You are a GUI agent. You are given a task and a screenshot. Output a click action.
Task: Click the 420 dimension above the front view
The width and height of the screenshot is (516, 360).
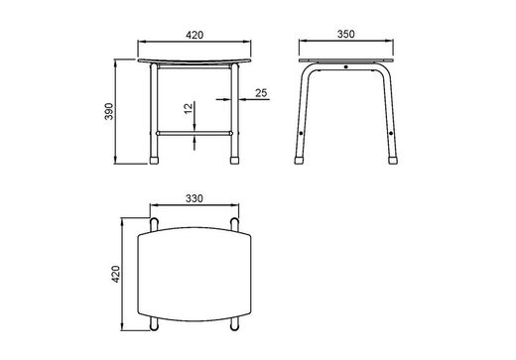click(194, 35)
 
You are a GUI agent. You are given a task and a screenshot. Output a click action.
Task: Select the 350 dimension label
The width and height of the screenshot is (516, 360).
click(345, 34)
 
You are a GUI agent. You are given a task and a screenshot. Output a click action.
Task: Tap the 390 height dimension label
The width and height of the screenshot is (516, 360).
click(109, 111)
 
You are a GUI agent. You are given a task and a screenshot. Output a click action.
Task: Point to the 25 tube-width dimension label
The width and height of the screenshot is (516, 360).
click(261, 93)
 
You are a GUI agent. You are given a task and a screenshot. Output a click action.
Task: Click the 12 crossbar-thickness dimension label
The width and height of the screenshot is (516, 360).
click(188, 108)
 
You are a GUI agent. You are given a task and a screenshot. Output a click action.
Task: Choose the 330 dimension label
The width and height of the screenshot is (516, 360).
click(194, 198)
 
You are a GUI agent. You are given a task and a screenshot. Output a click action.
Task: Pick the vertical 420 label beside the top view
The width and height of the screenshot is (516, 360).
click(115, 274)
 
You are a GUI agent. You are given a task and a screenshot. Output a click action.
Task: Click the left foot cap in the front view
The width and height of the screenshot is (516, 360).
click(154, 161)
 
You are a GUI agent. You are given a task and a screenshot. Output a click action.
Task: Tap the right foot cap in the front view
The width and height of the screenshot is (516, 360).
click(234, 161)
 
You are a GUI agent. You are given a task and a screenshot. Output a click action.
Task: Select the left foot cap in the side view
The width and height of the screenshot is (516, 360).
click(299, 161)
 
